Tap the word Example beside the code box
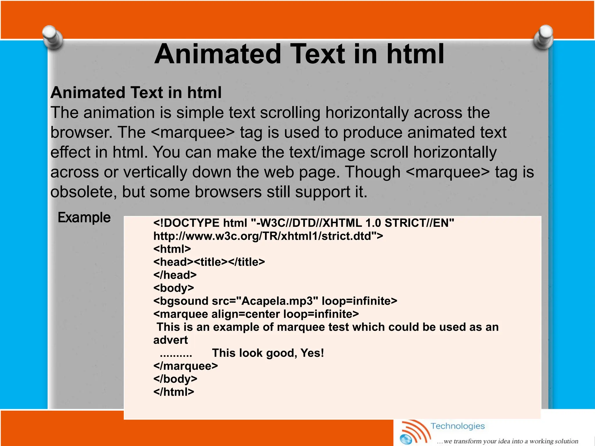84,217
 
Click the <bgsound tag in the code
181,301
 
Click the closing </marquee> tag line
185,366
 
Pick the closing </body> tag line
175,379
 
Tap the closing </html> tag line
173,392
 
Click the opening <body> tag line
173,288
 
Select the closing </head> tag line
175,275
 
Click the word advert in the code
171,340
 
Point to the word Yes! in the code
312,353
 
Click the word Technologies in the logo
458,426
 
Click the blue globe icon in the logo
406,439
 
